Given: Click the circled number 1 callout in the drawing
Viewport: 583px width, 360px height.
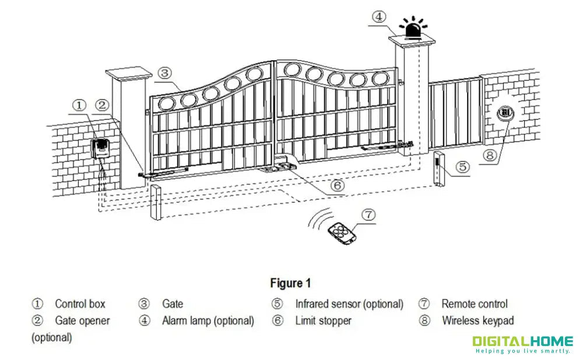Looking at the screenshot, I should tap(79, 105).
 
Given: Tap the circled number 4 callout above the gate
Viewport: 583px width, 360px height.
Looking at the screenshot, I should tap(378, 16).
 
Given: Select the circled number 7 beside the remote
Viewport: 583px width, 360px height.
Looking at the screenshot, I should tap(368, 214).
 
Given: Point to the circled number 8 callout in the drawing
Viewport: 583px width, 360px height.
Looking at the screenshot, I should tap(490, 155).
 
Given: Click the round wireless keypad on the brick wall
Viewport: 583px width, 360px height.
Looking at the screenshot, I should tap(505, 112).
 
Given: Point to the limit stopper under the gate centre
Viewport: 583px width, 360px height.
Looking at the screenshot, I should tap(279, 167).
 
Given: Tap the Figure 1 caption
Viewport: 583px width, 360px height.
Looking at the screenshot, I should tap(290, 283).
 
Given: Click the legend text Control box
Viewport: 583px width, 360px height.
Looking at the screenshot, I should tap(80, 303).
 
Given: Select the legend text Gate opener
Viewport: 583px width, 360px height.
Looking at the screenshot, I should tap(82, 320).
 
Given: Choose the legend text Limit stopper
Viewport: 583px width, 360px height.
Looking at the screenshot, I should tap(323, 320).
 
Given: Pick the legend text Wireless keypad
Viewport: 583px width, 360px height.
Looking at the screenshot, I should tap(477, 320).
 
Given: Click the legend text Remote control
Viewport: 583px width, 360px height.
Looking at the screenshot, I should tap(474, 303).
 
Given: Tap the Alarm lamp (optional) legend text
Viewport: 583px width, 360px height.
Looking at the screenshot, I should tap(208, 320).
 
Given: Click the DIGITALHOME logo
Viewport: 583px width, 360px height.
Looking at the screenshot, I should tap(522, 344).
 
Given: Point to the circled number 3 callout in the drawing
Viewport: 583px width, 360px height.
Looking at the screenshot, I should tap(165, 73).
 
